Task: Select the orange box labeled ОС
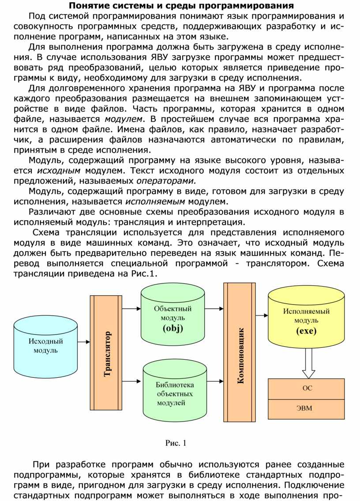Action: tap(307, 389)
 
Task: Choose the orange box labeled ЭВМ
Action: tap(307, 408)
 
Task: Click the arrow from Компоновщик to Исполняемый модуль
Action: tap(262, 315)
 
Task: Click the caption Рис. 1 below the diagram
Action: tap(176, 443)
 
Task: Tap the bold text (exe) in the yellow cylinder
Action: tap(306, 331)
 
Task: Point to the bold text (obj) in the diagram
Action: tap(172, 328)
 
